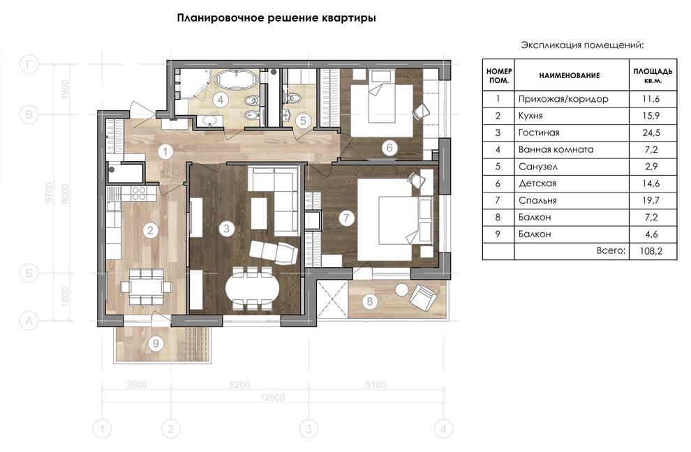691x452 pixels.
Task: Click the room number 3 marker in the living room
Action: tap(225, 227)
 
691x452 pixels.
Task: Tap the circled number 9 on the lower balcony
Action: tap(157, 342)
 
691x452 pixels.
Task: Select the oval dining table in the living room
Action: tap(252, 287)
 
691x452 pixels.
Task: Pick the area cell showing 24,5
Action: tap(652, 133)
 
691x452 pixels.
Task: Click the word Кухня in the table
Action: tap(530, 116)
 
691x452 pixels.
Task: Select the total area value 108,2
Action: tap(652, 251)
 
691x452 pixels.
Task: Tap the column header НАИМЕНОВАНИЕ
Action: tap(569, 75)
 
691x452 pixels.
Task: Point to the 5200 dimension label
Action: tap(239, 384)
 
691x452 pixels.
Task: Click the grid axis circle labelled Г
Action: tap(29, 65)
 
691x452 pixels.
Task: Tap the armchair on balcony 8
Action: tap(423, 299)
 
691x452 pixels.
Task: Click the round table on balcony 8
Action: tap(402, 289)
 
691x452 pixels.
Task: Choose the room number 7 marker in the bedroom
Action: tap(344, 218)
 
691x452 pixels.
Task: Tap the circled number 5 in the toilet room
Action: tap(302, 120)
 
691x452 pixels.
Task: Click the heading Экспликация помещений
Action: tap(582, 45)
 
